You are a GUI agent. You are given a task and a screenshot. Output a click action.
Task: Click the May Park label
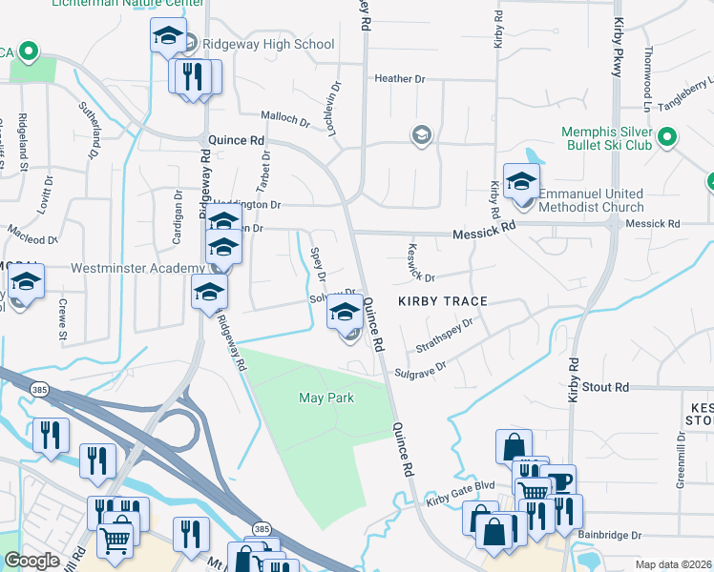tap(326, 398)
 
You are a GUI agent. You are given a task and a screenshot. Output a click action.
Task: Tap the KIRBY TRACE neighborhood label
tap(443, 301)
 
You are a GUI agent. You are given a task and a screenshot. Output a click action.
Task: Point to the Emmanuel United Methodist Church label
tap(591, 200)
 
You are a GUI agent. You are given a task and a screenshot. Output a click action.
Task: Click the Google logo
tap(31, 561)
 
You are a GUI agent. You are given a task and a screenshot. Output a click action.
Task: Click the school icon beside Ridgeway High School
tap(169, 37)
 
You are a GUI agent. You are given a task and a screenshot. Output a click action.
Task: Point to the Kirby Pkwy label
tap(619, 38)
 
